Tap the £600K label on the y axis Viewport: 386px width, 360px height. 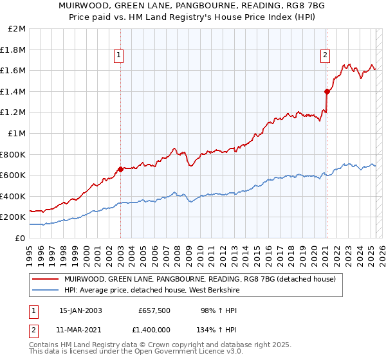click(14, 175)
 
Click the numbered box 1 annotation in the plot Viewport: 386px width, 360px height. click(120, 56)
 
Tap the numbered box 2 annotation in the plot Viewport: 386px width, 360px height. click(326, 56)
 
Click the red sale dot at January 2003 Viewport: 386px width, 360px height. click(120, 170)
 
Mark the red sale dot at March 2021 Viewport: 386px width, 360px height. click(327, 92)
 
